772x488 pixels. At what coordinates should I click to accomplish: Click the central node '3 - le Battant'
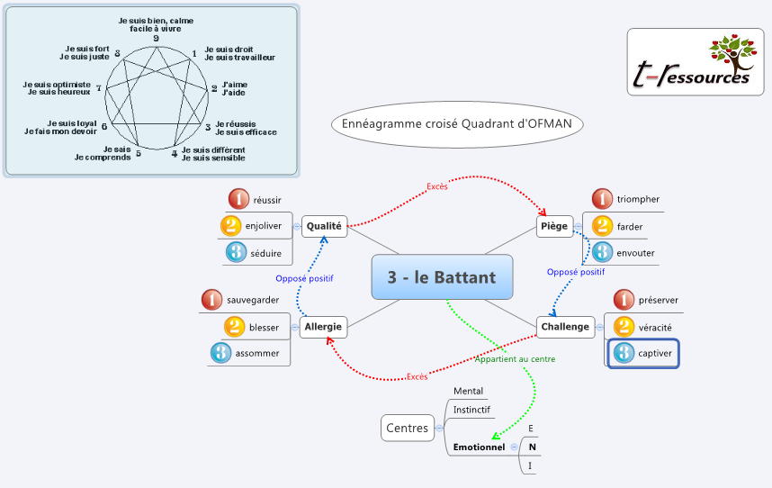442,277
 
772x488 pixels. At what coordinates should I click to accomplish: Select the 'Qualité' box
324,226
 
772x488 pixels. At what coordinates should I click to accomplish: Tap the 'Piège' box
555,225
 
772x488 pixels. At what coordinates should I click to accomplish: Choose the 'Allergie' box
322,326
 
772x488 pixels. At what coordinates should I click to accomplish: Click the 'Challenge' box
565,326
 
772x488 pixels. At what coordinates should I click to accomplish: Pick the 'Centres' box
407,428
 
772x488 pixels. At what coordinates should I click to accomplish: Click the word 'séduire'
267,253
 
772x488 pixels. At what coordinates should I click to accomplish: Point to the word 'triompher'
638,199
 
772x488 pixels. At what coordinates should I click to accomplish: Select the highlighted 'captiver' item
643,354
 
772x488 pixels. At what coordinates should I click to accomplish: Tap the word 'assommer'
257,353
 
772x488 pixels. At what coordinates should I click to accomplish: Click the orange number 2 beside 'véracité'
624,327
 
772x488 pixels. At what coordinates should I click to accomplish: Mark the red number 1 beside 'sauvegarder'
211,299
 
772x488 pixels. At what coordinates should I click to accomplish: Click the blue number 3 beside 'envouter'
602,253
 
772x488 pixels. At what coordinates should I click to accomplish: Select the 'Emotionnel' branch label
479,447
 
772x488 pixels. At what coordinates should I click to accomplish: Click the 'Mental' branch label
468,391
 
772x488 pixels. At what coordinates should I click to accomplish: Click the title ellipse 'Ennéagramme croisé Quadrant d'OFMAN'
457,122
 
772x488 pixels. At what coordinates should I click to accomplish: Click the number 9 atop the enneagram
156,38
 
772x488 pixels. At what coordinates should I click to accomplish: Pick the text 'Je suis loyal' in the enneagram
72,122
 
